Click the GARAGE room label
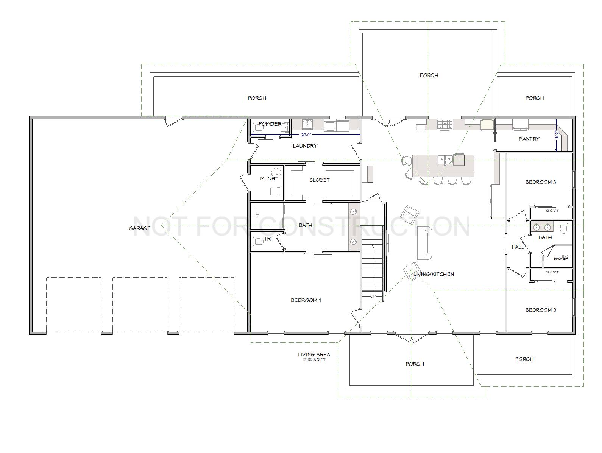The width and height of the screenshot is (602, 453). pyautogui.click(x=140, y=228)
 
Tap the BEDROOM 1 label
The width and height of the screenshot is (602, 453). pyautogui.click(x=306, y=300)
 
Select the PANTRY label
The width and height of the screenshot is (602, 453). pyautogui.click(x=529, y=139)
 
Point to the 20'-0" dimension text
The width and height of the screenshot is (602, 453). pyautogui.click(x=306, y=135)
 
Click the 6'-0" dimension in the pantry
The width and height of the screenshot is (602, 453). pyautogui.click(x=557, y=135)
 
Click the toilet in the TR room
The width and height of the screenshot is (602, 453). pyautogui.click(x=257, y=241)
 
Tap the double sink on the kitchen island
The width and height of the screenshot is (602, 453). pyautogui.click(x=445, y=159)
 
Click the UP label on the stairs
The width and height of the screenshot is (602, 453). pyautogui.click(x=373, y=296)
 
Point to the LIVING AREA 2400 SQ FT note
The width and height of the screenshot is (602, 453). pyautogui.click(x=314, y=357)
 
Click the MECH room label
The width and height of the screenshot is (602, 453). pyautogui.click(x=267, y=179)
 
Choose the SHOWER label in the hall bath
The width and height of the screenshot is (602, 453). pyautogui.click(x=561, y=259)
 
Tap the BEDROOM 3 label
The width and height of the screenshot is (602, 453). pyautogui.click(x=541, y=182)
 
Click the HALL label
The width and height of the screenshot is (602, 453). pyautogui.click(x=518, y=247)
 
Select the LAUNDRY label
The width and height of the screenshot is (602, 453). pyautogui.click(x=305, y=146)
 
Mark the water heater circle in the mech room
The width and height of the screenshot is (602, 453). pyautogui.click(x=276, y=173)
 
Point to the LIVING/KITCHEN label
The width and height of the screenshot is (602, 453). pyautogui.click(x=434, y=274)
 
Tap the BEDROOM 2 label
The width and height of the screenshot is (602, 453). pyautogui.click(x=541, y=310)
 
